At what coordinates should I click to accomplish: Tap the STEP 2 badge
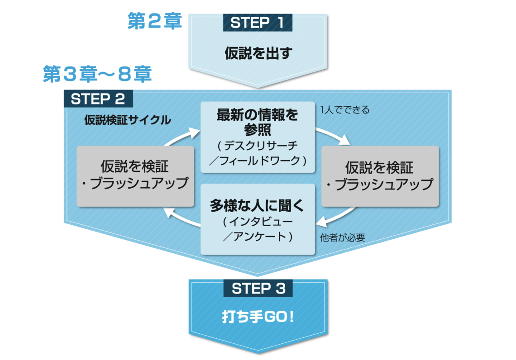(x=98, y=99)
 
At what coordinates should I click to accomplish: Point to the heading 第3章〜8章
(x=97, y=75)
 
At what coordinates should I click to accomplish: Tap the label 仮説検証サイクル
(x=128, y=120)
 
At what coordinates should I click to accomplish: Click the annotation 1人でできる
(x=344, y=110)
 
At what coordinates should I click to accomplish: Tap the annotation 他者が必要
(x=342, y=237)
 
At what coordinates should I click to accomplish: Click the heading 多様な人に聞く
(x=258, y=206)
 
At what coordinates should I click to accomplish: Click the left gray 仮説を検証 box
(x=135, y=176)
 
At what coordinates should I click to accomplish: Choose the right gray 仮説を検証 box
(x=380, y=176)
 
